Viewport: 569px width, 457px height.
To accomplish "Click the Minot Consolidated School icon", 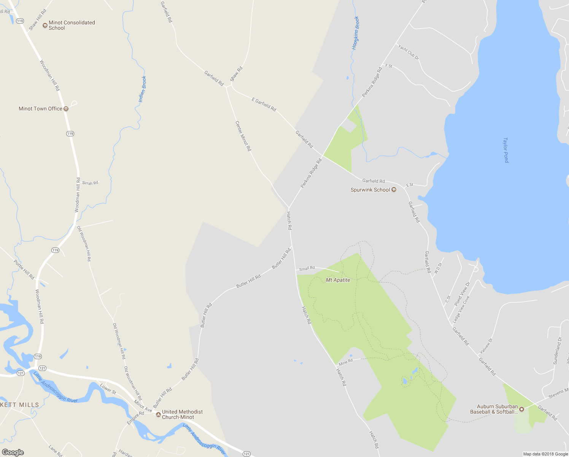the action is tap(45, 26).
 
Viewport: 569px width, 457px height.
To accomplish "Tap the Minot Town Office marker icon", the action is tap(66, 109).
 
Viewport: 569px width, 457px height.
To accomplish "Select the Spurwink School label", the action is tap(370, 190).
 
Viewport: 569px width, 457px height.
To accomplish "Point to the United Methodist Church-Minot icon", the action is tap(159, 414).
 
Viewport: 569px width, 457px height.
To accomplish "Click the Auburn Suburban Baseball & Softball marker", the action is tap(522, 409).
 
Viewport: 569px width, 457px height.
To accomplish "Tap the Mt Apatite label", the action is tap(338, 280).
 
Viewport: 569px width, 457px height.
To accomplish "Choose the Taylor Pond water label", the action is tap(506, 150).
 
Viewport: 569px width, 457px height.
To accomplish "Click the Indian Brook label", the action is tap(143, 89).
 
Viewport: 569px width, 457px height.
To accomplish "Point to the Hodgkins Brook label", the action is tap(356, 33).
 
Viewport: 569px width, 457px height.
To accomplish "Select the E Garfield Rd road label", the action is tap(264, 104).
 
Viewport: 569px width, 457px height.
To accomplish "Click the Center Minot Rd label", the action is tap(243, 136).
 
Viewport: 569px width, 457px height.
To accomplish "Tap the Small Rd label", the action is tap(307, 268).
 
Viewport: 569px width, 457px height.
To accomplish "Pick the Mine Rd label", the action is tap(346, 362).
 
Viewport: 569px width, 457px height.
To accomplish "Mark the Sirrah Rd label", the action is tap(90, 183).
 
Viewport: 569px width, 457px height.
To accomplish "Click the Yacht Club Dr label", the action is tap(408, 52).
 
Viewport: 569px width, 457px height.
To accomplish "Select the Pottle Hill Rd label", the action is tap(24, 270).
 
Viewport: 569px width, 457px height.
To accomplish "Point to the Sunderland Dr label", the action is tap(557, 351).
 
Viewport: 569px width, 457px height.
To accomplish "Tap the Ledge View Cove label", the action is tap(461, 310).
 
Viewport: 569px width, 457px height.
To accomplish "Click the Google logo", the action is tap(13, 452).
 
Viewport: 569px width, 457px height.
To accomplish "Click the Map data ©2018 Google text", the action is tap(545, 454).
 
